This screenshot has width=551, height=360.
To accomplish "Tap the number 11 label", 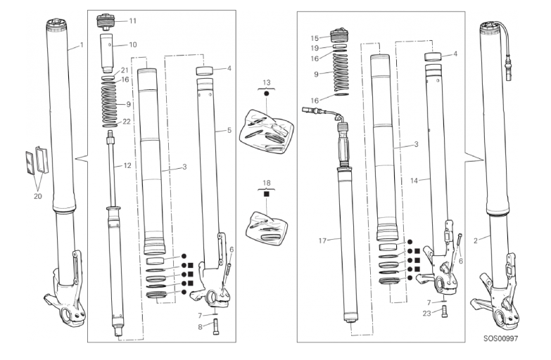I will pos(132,21).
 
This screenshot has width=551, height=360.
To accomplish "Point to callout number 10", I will pos(132,45).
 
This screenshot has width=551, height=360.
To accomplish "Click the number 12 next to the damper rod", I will pos(127,165).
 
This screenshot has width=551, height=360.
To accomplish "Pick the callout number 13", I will pos(266,83).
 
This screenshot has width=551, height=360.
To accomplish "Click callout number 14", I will pos(414,181).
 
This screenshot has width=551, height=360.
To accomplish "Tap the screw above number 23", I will pos(444,313).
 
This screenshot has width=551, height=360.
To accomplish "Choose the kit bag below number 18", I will pos(266,226).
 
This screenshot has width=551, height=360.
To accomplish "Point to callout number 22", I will pos(127,121).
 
